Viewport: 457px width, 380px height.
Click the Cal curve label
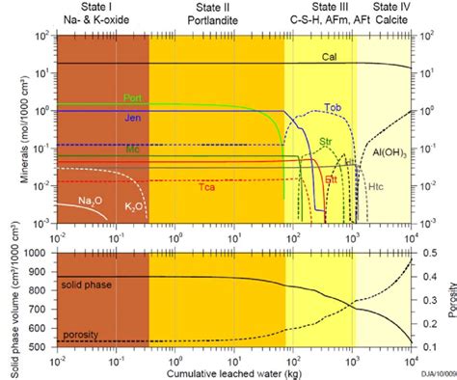[x=329, y=58]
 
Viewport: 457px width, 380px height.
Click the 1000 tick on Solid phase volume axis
[x=39, y=253]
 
